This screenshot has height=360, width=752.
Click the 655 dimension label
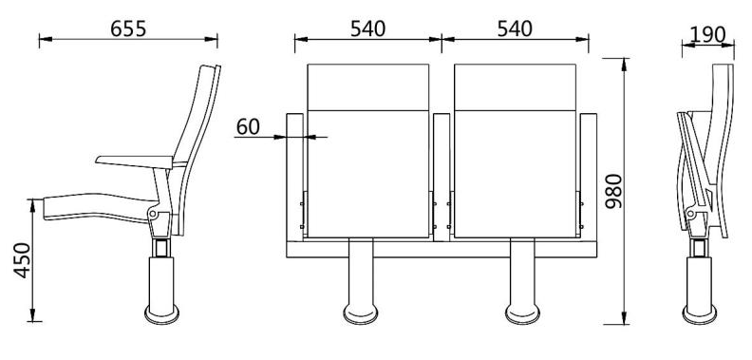(x=128, y=28)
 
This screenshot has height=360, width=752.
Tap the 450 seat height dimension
(x=22, y=260)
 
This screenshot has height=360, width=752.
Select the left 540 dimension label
(x=367, y=28)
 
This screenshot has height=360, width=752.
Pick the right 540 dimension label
(x=515, y=28)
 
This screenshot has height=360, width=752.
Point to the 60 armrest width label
(x=248, y=126)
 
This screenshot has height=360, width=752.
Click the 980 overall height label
(x=614, y=191)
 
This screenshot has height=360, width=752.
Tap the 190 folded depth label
(x=708, y=34)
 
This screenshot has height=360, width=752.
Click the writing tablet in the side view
(x=134, y=161)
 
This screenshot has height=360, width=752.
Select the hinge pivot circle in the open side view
(x=153, y=213)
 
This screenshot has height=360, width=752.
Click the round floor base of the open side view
(x=161, y=314)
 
